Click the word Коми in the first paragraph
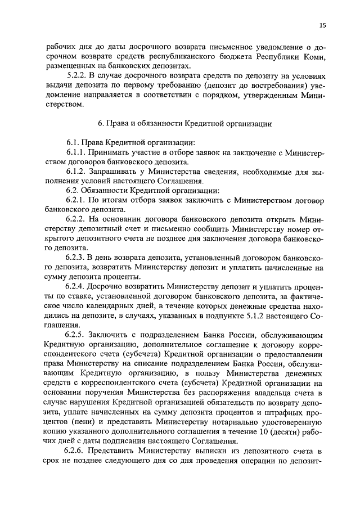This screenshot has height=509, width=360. coord(301,58)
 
